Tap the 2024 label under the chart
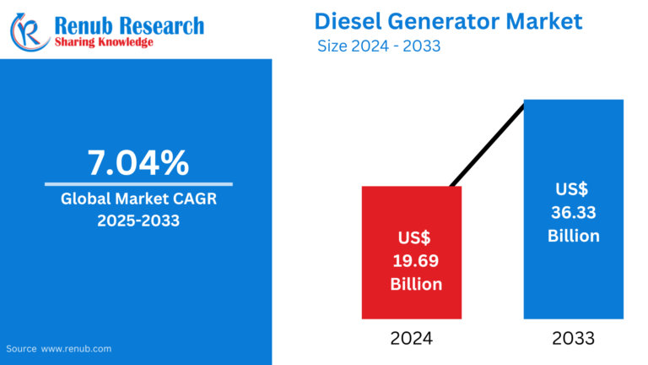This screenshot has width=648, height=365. click(x=411, y=338)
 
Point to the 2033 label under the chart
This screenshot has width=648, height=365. click(x=574, y=338)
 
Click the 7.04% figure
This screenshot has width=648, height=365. click(x=138, y=163)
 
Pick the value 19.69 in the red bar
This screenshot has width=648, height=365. click(x=415, y=260)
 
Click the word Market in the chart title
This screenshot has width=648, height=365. click(x=546, y=20)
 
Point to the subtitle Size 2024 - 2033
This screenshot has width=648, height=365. click(x=379, y=46)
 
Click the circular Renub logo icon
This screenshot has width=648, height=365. click(x=29, y=31)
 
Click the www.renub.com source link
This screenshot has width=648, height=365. click(x=76, y=348)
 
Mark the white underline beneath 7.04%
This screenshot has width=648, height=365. click(x=138, y=184)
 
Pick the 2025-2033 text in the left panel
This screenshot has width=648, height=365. click(x=138, y=221)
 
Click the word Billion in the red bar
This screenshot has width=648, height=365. click(x=415, y=284)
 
